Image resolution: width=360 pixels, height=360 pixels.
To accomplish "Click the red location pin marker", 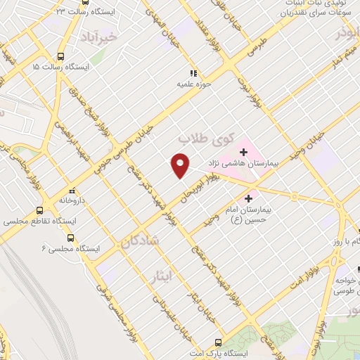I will point(181,165).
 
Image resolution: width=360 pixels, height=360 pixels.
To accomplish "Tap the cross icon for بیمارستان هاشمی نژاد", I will point(243,150).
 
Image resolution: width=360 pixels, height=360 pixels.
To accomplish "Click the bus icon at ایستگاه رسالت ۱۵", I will point(60,56).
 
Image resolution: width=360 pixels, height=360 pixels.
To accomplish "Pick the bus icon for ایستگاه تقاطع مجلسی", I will point(40,210).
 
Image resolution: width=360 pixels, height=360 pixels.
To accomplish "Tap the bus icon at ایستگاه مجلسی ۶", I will point(79,238).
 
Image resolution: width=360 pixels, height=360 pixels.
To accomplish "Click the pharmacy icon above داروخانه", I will point(72,191).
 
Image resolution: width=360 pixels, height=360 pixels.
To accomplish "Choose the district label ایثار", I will point(161,275).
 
